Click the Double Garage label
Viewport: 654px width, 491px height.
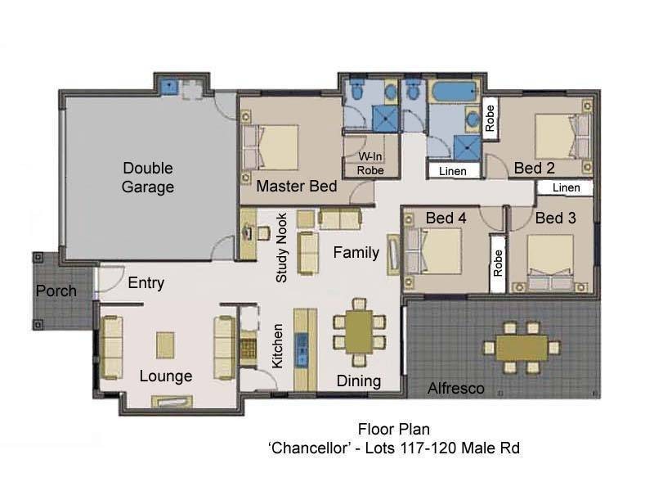coord(148,178)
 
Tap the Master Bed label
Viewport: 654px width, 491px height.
coord(296,187)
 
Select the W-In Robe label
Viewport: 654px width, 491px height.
coord(370,163)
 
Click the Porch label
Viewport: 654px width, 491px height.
coord(56,291)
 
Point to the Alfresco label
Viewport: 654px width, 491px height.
coord(456,389)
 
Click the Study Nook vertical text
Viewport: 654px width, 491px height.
coord(281,248)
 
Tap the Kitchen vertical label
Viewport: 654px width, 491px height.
coord(277,345)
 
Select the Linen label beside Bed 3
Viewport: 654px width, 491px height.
coord(566,188)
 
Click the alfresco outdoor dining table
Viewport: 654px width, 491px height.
coord(520,348)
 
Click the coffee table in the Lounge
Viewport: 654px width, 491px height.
coord(167,342)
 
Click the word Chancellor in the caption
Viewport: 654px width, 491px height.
coord(309,448)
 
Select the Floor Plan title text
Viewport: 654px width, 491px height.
coord(393,430)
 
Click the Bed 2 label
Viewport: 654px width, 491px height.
coord(535,169)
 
